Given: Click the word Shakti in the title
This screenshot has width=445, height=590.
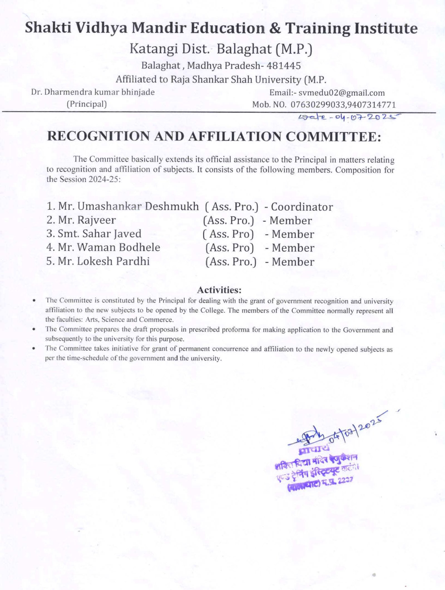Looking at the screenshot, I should pyautogui.click(x=47, y=28).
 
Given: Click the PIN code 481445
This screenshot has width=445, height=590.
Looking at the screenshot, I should pyautogui.click(x=283, y=66).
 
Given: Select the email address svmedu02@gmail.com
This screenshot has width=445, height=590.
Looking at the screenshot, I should pyautogui.click(x=342, y=93).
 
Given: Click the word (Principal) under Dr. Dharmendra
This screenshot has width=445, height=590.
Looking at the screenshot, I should pyautogui.click(x=87, y=104).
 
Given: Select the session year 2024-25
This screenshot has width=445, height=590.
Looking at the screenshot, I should pyautogui.click(x=103, y=179).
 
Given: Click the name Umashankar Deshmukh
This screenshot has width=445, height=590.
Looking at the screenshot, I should pyautogui.click(x=138, y=206).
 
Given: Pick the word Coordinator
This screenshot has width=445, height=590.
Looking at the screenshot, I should pyautogui.click(x=302, y=207).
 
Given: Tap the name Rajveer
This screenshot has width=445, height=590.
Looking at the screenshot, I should pyautogui.click(x=97, y=220).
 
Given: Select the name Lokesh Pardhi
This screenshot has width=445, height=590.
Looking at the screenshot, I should pyautogui.click(x=113, y=261).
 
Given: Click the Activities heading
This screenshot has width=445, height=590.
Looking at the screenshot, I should pyautogui.click(x=219, y=290).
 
